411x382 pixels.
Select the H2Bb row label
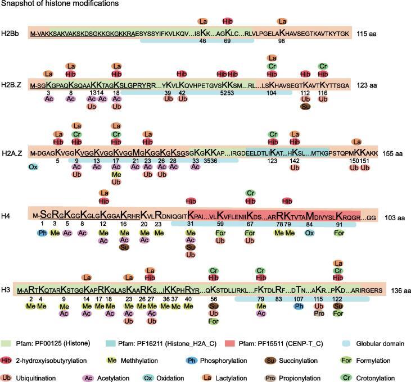11,33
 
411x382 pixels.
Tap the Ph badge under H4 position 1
42,233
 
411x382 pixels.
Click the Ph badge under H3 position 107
299,306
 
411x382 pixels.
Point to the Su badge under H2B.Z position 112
306,107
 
